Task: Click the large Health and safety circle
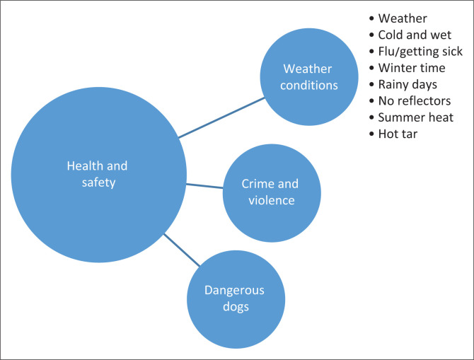click(98, 175)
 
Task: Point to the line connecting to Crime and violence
click(204, 186)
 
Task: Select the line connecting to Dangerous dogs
click(180, 248)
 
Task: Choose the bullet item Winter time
click(412, 68)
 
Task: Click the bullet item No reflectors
click(415, 100)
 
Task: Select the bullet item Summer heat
click(416, 117)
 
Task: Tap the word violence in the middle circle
click(270, 200)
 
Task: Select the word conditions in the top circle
click(310, 85)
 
